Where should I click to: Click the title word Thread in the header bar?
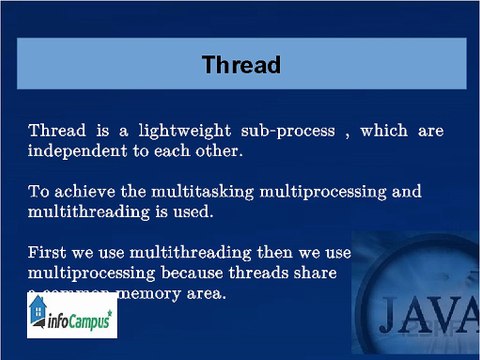[x=241, y=66]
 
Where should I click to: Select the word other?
[x=220, y=153]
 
